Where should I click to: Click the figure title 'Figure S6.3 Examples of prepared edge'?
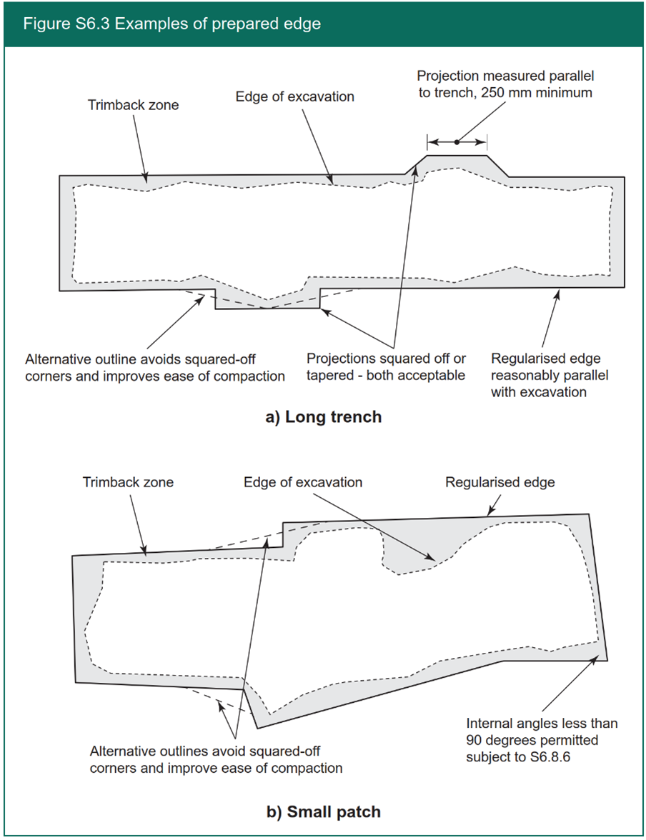(172, 24)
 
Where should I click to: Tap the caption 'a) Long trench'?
(323, 417)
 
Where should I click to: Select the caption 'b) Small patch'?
(323, 811)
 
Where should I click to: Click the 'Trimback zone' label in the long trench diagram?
(133, 105)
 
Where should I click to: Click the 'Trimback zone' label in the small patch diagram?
(128, 482)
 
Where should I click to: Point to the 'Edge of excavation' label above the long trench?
(294, 96)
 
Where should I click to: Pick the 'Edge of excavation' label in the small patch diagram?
(303, 482)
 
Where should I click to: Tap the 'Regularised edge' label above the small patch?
(500, 482)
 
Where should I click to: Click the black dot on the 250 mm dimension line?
(457, 141)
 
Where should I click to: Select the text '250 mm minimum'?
(547, 93)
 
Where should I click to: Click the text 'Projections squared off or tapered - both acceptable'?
(386, 366)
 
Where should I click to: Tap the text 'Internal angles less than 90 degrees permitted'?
(541, 731)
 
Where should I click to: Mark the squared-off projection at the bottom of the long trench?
(267, 300)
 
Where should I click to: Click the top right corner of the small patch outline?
(588, 514)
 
